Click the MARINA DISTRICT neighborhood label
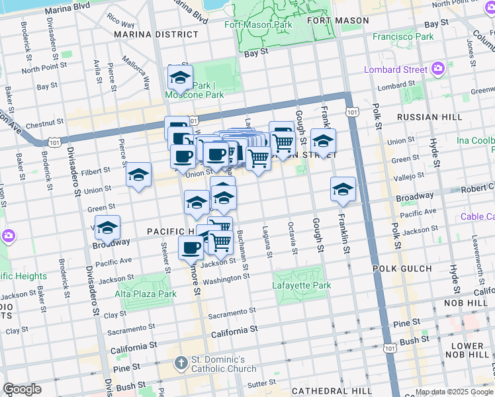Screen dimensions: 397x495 (156, 34)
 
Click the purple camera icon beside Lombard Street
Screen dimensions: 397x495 (437, 69)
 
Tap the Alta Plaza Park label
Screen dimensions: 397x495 (146, 294)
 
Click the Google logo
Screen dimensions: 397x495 (22, 389)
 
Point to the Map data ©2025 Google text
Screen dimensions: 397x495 (454, 392)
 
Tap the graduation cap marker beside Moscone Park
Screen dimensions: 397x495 (180, 79)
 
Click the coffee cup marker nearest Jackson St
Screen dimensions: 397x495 (191, 248)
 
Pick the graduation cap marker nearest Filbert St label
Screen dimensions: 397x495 (138, 175)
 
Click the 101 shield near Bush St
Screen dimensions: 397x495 (390, 347)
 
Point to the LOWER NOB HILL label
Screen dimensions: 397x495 (467, 351)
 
